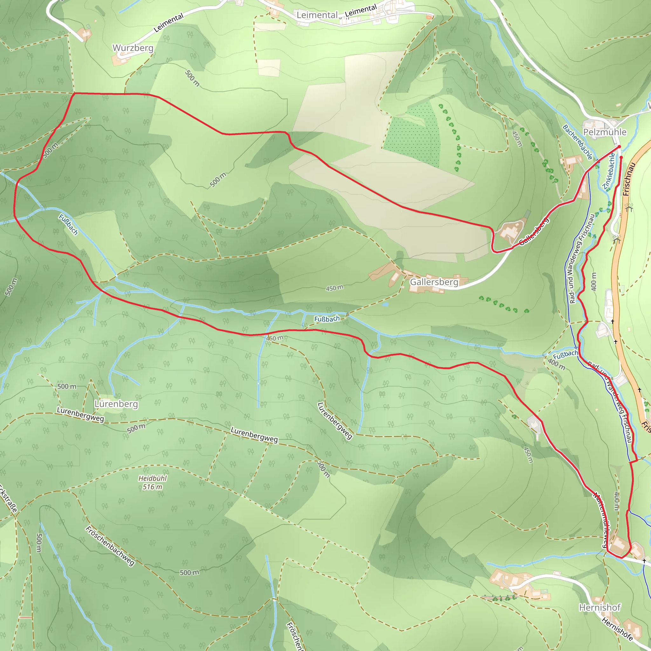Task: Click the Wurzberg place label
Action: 133,48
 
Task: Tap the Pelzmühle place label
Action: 605,132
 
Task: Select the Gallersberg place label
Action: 434,282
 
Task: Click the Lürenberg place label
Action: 116,404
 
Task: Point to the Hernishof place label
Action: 600,607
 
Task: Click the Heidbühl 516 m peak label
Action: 152,483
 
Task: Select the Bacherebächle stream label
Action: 578,142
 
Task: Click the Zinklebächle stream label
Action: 609,171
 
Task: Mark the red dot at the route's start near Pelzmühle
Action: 619,147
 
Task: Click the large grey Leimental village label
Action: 317,15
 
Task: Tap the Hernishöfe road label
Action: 617,629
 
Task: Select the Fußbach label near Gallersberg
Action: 327,319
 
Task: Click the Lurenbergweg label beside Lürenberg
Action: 80,415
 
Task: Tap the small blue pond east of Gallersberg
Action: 386,304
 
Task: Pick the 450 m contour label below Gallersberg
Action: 335,288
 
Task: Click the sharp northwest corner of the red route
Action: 74,93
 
